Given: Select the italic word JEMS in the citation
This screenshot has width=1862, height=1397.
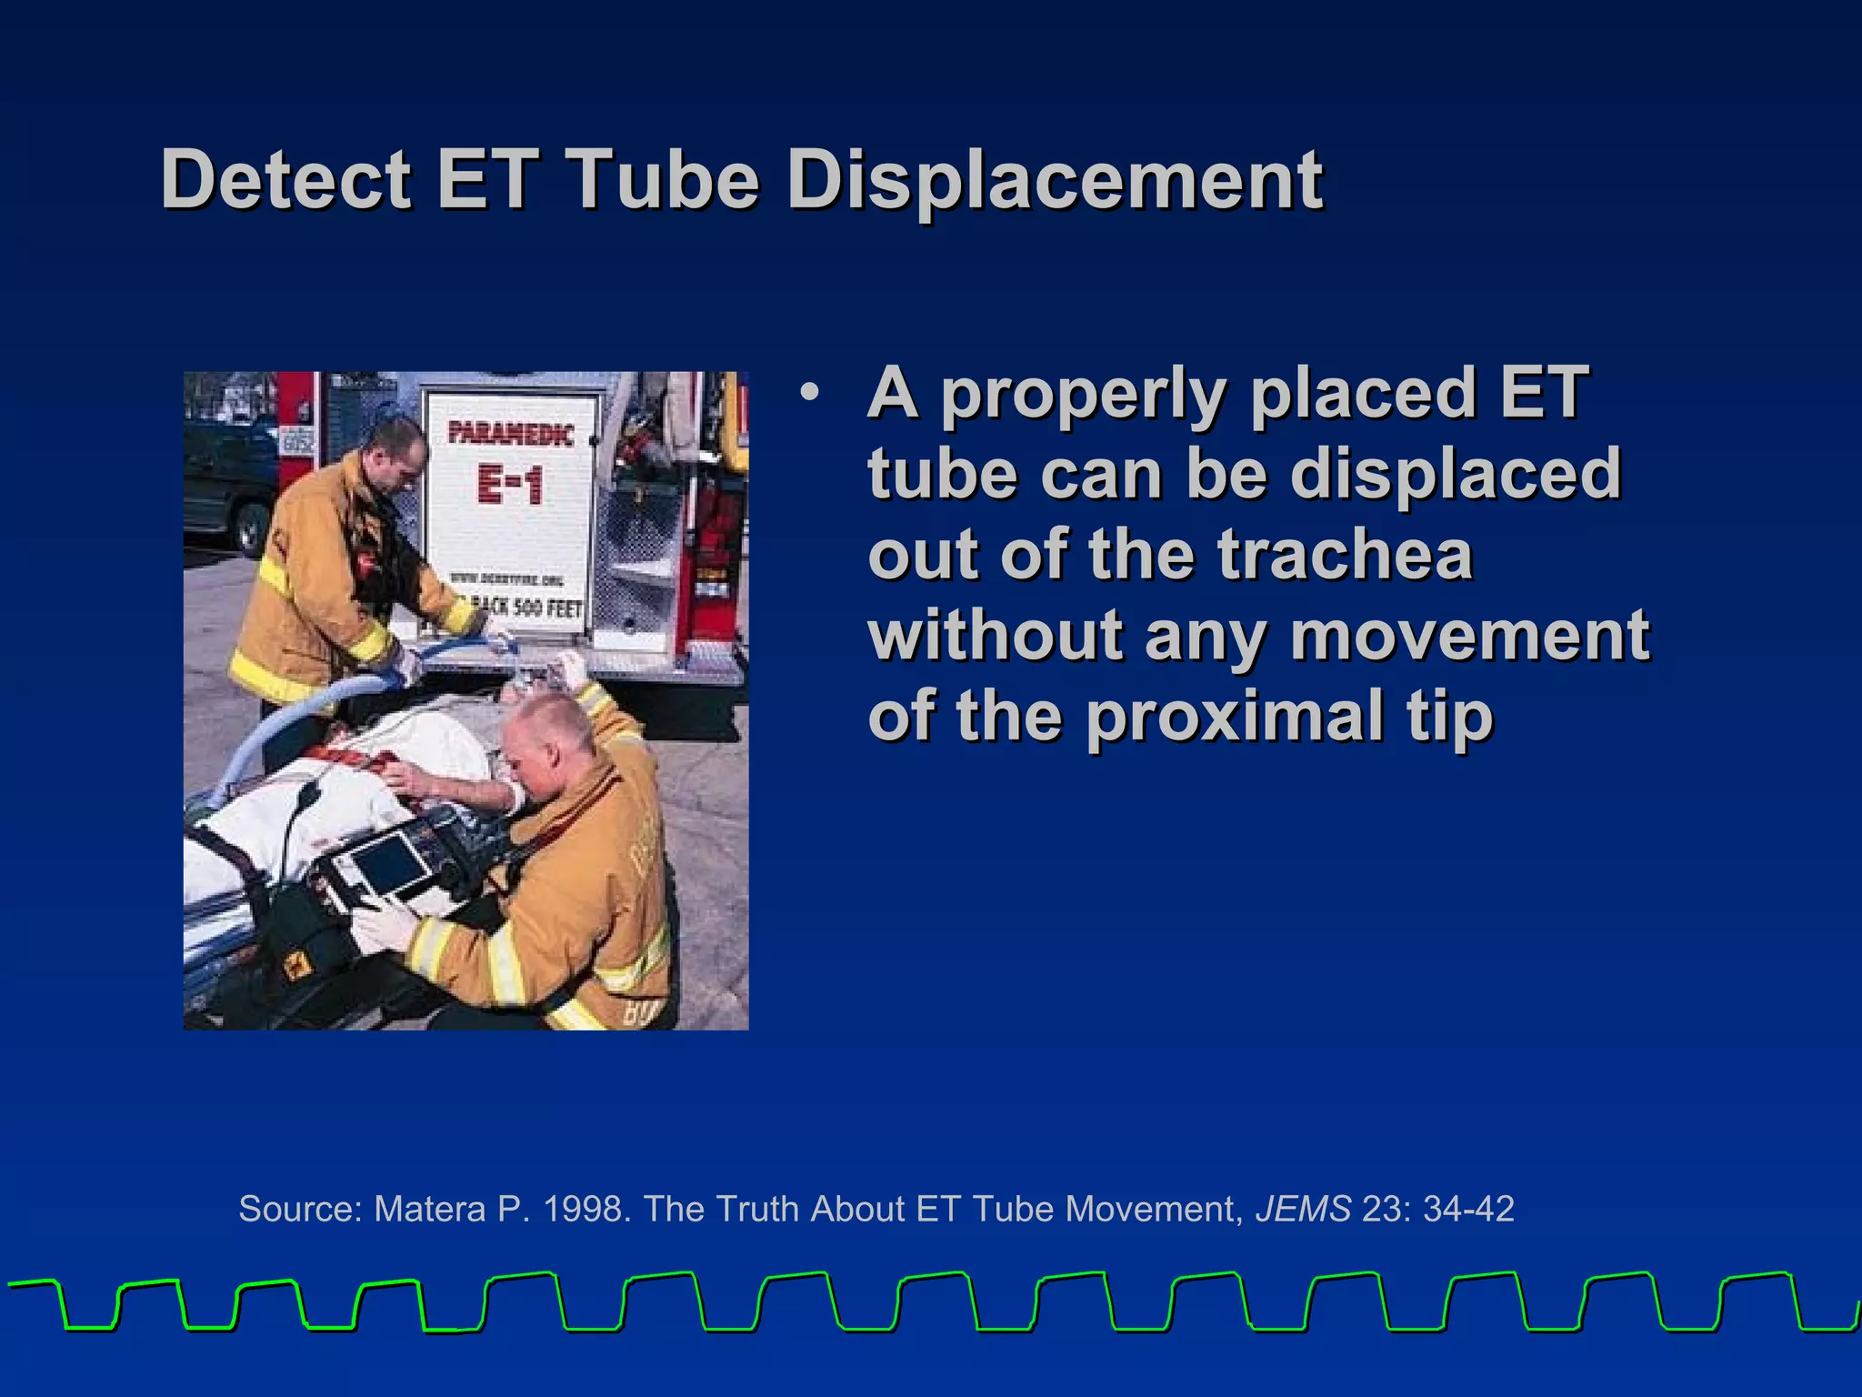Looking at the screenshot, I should click(x=1303, y=1210).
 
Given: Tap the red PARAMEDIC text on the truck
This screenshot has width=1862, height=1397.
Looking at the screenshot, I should click(x=511, y=433).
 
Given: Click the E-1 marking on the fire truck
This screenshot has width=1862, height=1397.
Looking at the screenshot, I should click(x=510, y=484).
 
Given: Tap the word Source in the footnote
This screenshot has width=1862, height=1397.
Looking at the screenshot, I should click(x=300, y=1210).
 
